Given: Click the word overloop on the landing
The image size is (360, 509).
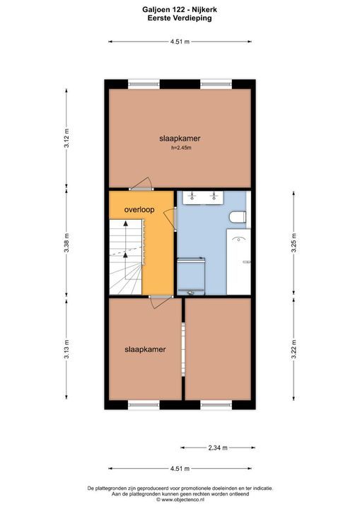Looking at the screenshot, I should pos(139,210).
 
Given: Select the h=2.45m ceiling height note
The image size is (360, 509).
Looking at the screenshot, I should pos(182,148).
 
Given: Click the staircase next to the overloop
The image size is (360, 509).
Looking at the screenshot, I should pos(127,255).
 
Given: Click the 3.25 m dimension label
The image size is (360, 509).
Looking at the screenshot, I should pos(294,242).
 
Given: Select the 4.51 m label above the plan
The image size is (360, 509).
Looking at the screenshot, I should pos(180,42).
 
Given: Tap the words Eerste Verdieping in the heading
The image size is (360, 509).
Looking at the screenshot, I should pos(180,19).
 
